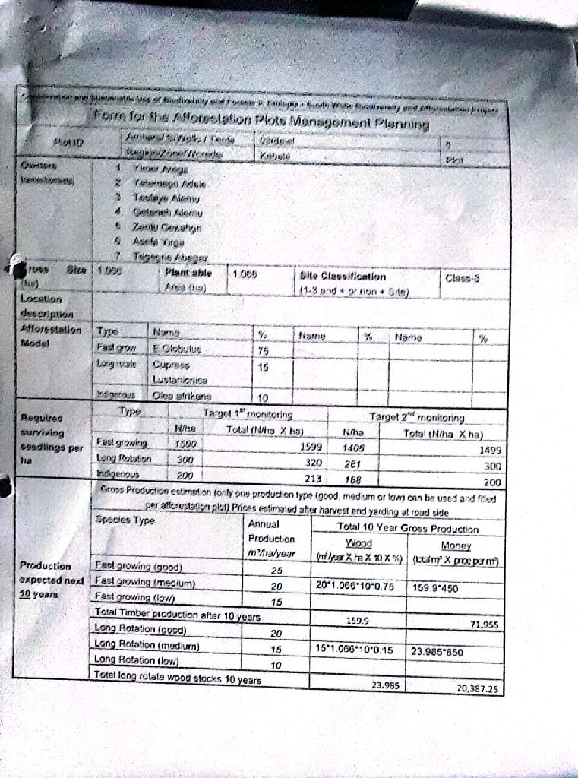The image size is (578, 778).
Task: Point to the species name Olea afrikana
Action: coord(183,396)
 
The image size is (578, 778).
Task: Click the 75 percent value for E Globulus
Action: coord(263,351)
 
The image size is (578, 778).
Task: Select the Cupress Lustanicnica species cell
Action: coord(177,372)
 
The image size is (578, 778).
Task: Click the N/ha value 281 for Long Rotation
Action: coord(350,465)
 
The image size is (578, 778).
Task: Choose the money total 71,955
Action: coord(484,623)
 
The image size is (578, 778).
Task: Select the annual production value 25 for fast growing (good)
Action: coord(276,570)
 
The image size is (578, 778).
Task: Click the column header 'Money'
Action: coord(456,546)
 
